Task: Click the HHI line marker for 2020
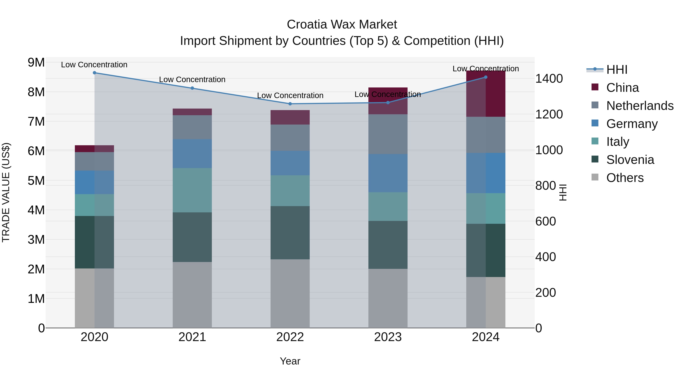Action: tap(95, 73)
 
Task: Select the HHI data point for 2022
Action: tap(290, 104)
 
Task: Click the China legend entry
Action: tap(622, 88)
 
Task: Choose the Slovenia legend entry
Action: tap(630, 160)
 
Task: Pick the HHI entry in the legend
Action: tap(617, 70)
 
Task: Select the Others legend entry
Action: tap(625, 178)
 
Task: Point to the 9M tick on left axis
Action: tap(36, 63)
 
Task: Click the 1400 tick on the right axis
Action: tap(549, 79)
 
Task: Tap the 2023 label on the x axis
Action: tap(388, 337)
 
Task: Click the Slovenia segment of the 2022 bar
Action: tap(290, 233)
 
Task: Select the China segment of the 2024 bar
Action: tap(486, 94)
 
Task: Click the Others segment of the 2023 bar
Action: tap(388, 298)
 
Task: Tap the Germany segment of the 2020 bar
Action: tap(95, 182)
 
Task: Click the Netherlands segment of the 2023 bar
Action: tap(388, 134)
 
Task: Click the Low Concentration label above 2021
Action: tap(192, 79)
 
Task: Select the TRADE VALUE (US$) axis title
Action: tap(6, 192)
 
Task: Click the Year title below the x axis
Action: tap(290, 361)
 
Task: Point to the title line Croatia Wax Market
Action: tap(342, 25)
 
